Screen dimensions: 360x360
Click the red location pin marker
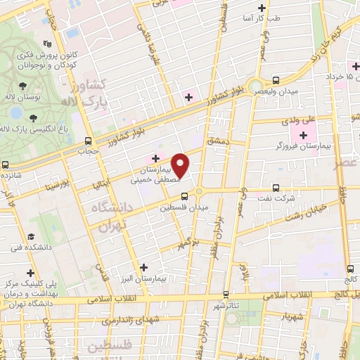pos(181,165)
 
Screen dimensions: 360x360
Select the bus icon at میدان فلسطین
pos(184,196)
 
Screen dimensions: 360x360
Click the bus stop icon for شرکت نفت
pos(275,188)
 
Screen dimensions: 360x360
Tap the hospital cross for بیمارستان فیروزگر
pos(303,135)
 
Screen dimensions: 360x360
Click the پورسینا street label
pos(56,187)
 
